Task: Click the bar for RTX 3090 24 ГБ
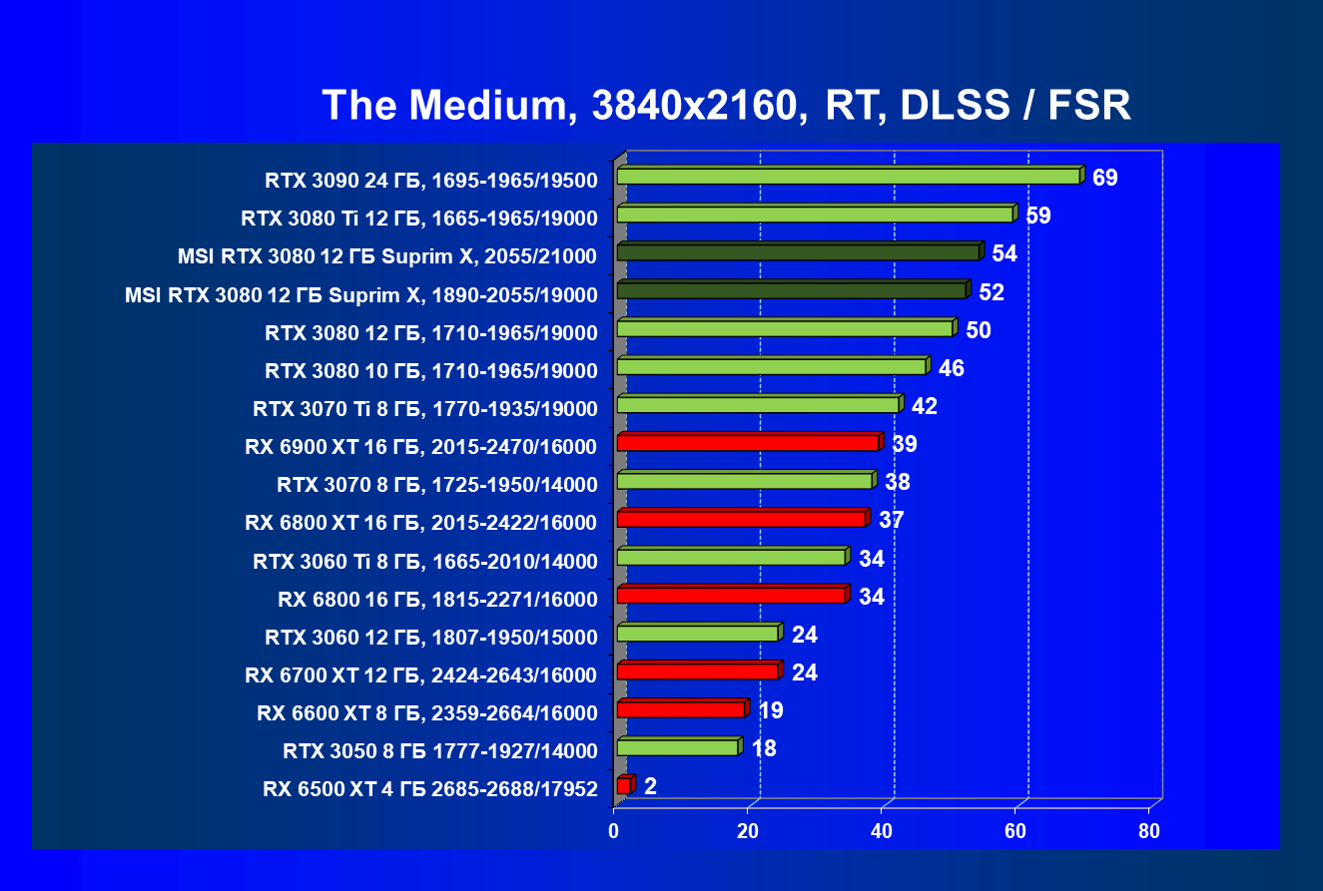(849, 177)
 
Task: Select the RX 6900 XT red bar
(748, 443)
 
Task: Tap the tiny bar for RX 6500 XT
(624, 786)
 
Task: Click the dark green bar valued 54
(798, 252)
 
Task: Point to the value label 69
(1105, 179)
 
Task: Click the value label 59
(1038, 217)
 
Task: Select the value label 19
(770, 710)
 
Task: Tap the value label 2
(650, 786)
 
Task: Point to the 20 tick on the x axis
(748, 831)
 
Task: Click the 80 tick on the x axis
(1149, 831)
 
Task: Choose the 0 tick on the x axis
(614, 831)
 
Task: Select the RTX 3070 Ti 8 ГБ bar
(758, 405)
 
